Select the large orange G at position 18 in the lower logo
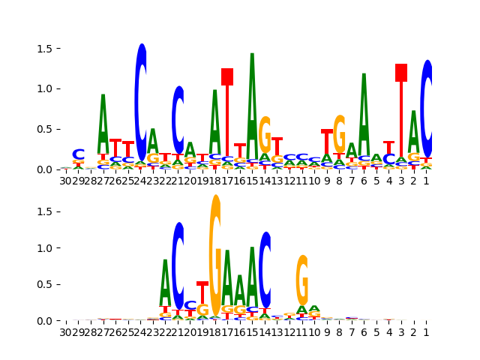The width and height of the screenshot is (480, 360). click(x=215, y=255)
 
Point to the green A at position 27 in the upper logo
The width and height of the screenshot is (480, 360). click(x=103, y=124)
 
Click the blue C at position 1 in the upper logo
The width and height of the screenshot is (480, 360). click(x=427, y=109)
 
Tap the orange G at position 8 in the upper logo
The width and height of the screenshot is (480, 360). click(x=340, y=133)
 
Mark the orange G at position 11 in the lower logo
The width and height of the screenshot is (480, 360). click(x=302, y=279)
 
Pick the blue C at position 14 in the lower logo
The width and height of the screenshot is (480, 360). click(x=265, y=270)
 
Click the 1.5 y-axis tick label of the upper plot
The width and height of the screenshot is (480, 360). click(x=46, y=49)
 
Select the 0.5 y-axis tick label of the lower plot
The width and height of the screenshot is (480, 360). click(x=46, y=284)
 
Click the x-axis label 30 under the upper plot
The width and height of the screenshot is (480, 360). click(x=66, y=181)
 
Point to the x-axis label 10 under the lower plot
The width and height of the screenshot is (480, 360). click(x=315, y=332)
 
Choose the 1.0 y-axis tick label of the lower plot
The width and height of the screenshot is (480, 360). click(x=46, y=248)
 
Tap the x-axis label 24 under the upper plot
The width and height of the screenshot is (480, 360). click(x=140, y=181)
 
